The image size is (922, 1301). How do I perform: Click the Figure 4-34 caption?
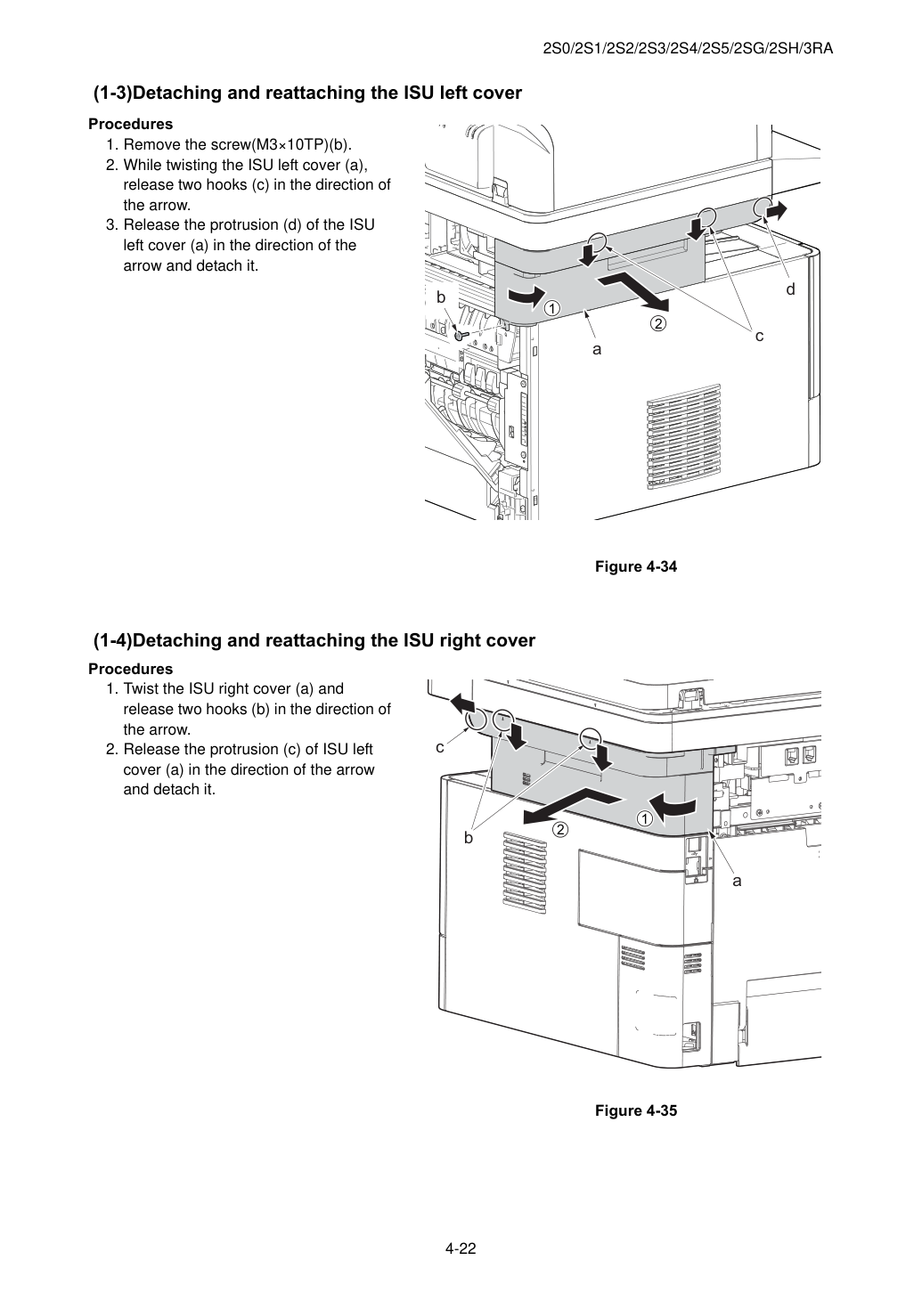635,566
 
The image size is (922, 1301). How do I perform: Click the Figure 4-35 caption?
635,1110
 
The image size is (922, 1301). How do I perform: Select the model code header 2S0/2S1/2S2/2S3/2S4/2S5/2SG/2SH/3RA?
688,49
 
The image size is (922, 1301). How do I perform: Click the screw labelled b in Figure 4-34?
461,335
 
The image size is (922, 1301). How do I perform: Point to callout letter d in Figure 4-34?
790,289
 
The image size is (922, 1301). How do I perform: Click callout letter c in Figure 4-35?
440,748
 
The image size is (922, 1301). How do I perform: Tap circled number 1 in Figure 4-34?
552,308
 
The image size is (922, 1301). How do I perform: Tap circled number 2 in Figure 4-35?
559,830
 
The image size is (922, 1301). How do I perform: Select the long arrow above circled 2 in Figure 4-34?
635,292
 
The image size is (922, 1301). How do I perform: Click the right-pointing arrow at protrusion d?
776,211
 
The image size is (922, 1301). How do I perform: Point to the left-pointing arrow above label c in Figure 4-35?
463,703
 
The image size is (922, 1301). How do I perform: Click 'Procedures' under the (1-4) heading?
131,669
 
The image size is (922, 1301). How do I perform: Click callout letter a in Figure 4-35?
737,881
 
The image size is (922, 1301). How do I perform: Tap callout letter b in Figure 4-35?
469,838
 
